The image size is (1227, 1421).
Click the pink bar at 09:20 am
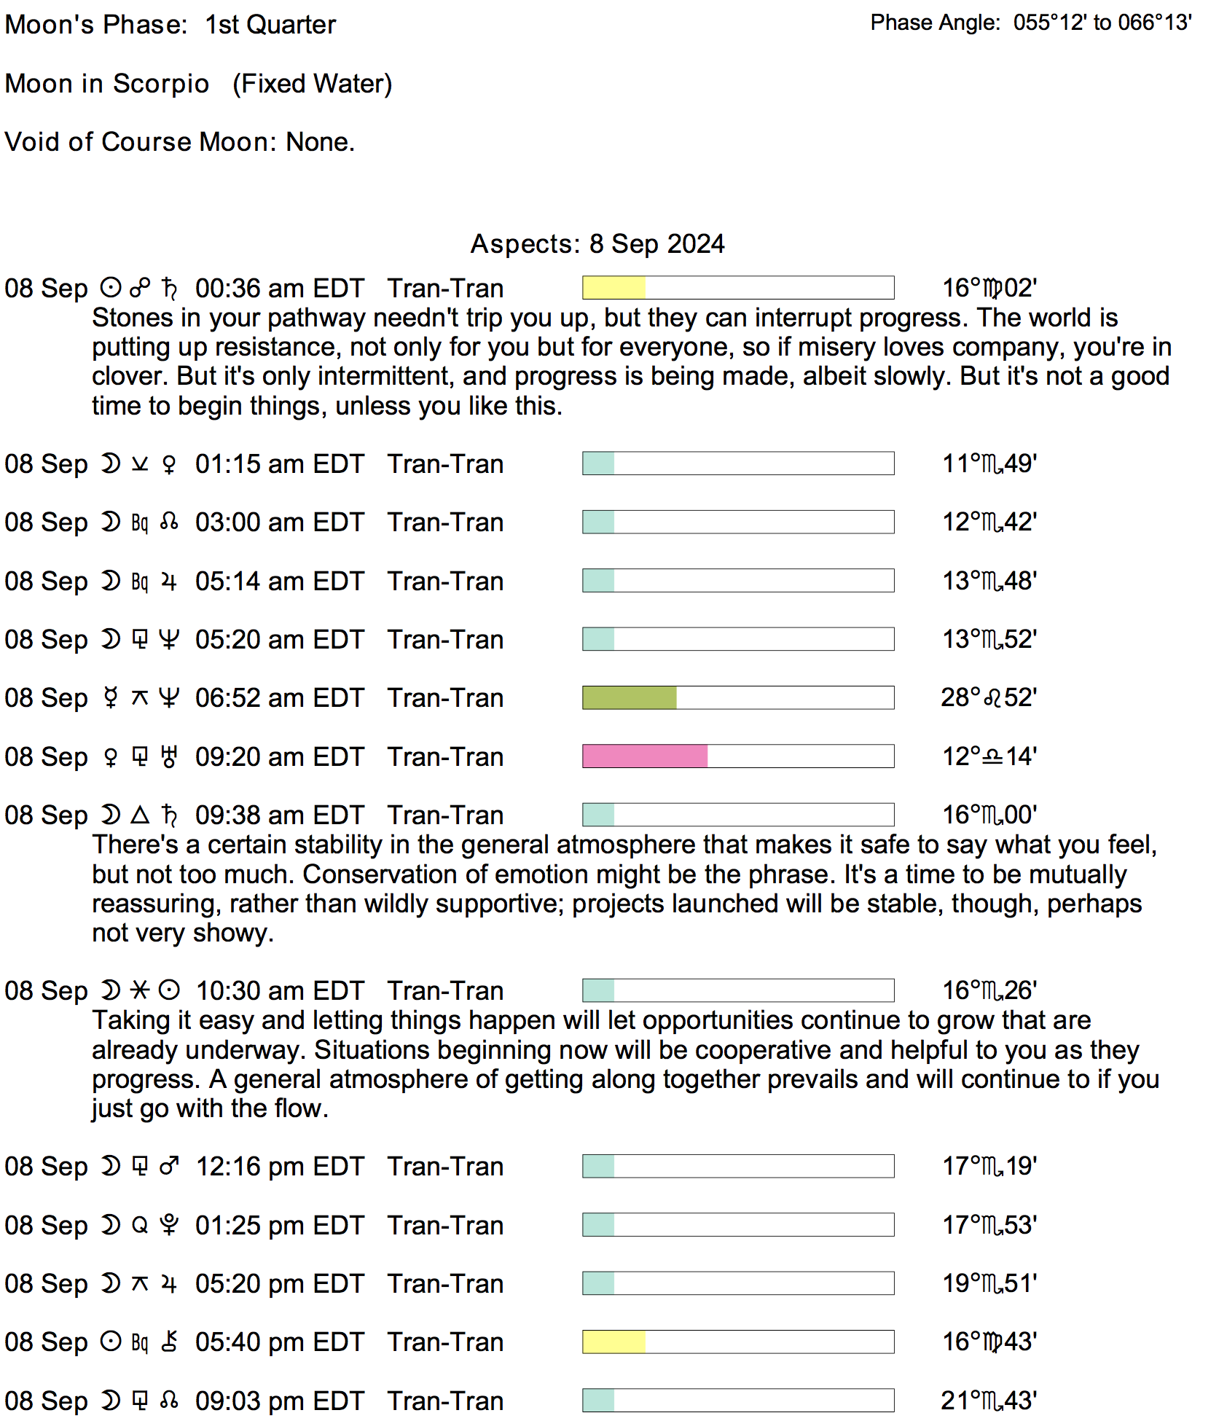coord(645,756)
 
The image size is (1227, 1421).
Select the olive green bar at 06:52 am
coord(630,697)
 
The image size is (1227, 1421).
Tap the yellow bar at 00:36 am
coord(613,288)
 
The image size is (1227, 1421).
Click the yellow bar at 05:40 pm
coord(613,1342)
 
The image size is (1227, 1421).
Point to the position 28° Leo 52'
coord(989,697)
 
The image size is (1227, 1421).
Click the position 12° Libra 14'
coord(989,756)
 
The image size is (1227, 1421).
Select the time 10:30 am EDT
coord(280,991)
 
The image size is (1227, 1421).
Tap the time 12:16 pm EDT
coord(280,1167)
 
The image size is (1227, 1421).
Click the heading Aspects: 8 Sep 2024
coord(597,243)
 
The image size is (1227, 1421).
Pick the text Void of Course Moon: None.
coord(179,141)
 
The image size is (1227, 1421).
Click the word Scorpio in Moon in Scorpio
coord(161,84)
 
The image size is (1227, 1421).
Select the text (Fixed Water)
coord(313,84)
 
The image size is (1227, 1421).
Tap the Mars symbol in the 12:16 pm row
coord(169,1167)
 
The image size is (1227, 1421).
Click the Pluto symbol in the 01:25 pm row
coord(169,1225)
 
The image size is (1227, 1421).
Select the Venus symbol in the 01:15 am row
coord(169,464)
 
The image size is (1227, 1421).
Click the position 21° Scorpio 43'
coord(989,1401)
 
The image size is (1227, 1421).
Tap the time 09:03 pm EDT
coord(280,1401)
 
